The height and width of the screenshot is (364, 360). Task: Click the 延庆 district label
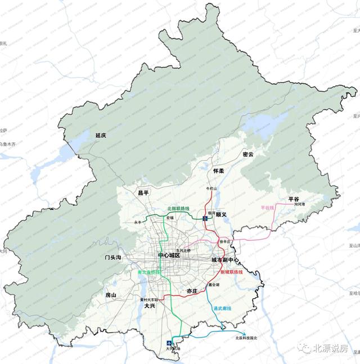(x=101, y=136)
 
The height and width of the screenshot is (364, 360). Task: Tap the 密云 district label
(x=248, y=154)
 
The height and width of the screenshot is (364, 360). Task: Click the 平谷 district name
(x=294, y=199)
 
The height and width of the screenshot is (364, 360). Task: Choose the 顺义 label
(x=219, y=214)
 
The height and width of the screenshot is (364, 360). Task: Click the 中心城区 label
(x=169, y=256)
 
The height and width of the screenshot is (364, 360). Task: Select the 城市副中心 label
(x=226, y=260)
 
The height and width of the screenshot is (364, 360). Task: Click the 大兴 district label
(x=149, y=307)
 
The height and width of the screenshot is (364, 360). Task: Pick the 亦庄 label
(x=192, y=291)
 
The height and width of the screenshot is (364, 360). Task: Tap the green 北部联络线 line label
(x=179, y=209)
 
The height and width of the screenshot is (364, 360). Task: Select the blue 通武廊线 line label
(x=223, y=309)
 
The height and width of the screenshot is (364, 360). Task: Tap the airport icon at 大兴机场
(x=169, y=344)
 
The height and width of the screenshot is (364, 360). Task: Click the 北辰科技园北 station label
(x=246, y=338)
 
